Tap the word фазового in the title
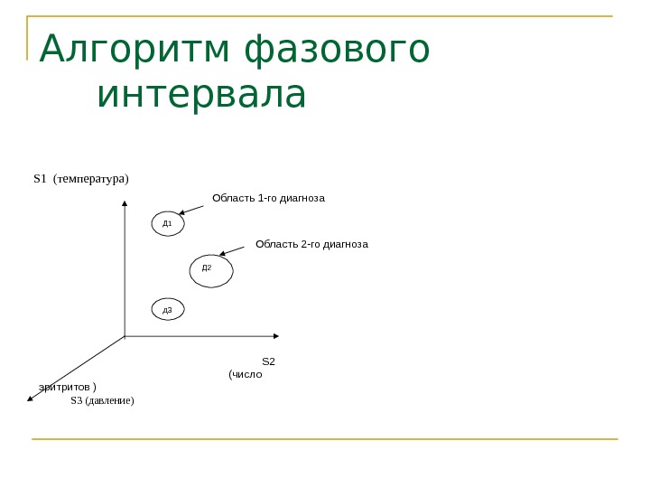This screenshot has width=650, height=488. point(338,52)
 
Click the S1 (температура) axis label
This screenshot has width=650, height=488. point(81,178)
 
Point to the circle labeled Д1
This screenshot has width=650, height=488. point(168,221)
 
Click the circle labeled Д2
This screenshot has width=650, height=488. point(211,269)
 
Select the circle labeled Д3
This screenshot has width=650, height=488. point(168,310)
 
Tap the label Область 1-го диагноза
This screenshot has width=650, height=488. point(268,197)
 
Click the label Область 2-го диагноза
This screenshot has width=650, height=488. point(312,244)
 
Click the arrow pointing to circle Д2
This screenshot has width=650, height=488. point(233,249)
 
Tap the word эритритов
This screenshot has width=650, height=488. point(68,387)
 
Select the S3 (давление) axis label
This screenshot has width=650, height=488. point(102,399)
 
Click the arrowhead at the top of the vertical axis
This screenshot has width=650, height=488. point(124,205)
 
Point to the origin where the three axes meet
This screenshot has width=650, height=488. point(124,336)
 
